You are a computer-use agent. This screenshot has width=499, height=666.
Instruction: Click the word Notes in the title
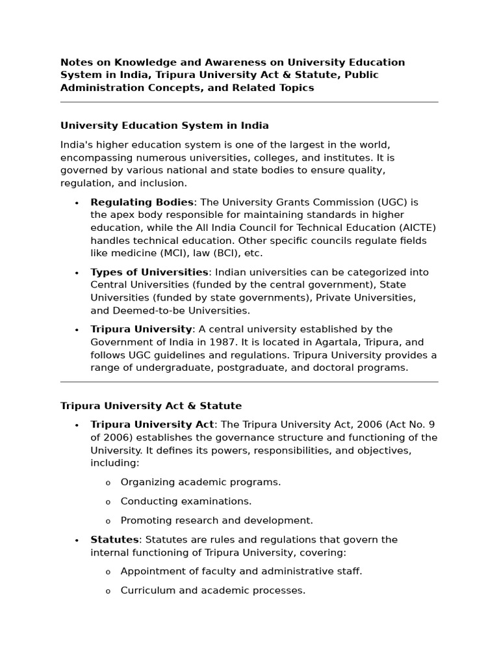point(77,62)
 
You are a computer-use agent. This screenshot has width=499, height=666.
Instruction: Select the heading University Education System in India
point(164,126)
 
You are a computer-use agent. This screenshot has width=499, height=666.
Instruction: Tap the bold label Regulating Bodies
point(142,202)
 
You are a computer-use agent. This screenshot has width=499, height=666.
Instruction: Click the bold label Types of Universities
point(149,272)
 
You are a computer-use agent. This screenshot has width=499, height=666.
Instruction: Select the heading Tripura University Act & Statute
point(151,406)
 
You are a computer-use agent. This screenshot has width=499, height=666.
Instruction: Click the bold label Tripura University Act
point(152,425)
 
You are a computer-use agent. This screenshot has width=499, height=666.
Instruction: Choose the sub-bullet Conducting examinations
point(186,501)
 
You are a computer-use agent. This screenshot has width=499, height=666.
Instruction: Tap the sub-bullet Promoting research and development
point(216,520)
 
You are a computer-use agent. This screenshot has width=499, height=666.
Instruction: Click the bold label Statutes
point(114,540)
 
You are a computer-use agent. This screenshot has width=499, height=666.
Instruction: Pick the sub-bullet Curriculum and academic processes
point(212,591)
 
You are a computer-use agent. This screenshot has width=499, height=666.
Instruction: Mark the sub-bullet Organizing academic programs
point(201,482)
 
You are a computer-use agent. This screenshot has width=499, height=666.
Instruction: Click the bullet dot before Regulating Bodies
point(77,203)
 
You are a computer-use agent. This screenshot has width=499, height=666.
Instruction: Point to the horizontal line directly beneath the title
point(249,102)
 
